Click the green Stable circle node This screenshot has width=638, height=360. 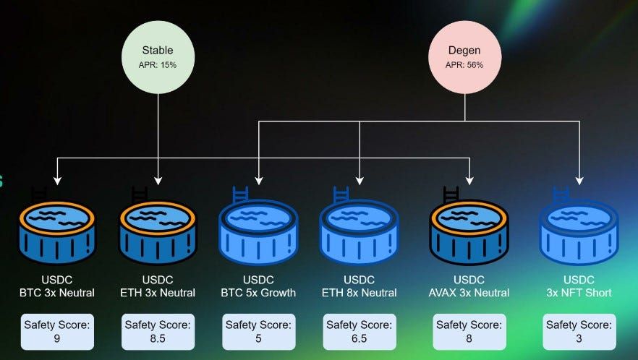(158, 57)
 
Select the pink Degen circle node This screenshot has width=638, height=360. (464, 57)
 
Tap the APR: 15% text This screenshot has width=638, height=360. (158, 64)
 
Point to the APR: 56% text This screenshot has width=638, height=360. (464, 64)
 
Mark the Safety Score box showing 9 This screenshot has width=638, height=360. (57, 332)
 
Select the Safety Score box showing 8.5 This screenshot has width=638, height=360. (158, 332)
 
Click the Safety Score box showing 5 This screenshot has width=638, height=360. (258, 332)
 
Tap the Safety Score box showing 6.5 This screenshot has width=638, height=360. (360, 332)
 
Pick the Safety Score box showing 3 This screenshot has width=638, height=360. (579, 332)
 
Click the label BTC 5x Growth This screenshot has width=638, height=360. (258, 293)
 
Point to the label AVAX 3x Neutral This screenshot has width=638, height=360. (469, 293)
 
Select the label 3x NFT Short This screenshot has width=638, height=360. (579, 293)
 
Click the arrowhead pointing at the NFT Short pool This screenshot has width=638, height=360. (579, 181)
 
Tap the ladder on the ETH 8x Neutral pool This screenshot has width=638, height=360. (341, 194)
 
